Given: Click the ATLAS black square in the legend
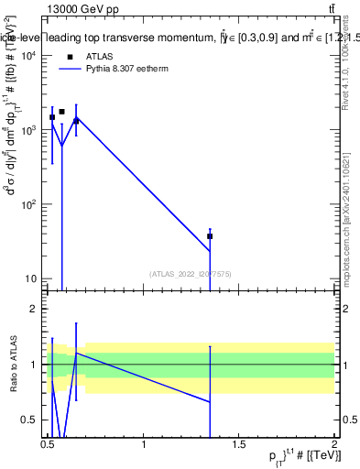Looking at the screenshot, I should tap(70, 56).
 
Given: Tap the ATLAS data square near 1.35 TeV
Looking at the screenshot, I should tap(210, 236).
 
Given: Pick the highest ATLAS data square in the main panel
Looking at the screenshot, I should tap(61, 112).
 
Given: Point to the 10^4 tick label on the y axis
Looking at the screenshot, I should tap(28, 55).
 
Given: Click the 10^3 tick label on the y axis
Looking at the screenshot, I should tap(28, 129).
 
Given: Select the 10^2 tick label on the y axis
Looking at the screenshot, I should tap(28, 204).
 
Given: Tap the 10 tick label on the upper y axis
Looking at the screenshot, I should tap(30, 278).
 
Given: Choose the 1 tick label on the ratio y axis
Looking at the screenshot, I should tap(36, 365).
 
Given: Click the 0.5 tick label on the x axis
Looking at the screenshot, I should tap(49, 444).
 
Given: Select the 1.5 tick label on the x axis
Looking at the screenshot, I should tap(239, 444).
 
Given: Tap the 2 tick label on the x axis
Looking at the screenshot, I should tap(334, 444).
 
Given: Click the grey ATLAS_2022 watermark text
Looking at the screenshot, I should tap(191, 273).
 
